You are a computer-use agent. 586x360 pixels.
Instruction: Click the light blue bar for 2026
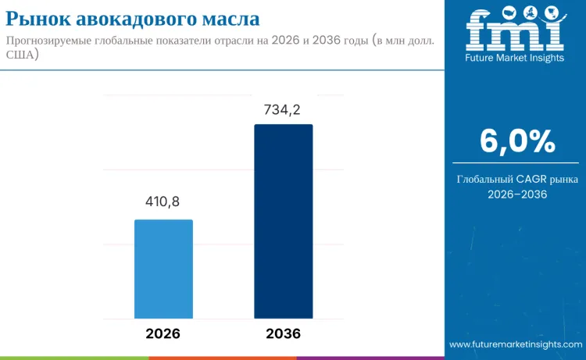(x=163, y=269)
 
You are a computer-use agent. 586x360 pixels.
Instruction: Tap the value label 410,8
(x=163, y=202)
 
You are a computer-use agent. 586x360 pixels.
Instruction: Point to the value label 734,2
(x=282, y=110)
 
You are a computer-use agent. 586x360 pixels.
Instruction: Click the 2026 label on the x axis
(x=163, y=333)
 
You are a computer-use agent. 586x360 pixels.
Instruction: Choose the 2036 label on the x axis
(x=283, y=333)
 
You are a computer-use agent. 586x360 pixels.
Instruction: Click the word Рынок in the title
(x=40, y=18)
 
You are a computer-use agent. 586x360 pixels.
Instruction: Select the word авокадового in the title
(x=142, y=18)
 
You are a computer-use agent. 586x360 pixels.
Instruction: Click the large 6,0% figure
(x=516, y=141)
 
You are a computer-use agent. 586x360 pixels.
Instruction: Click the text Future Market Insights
(x=514, y=57)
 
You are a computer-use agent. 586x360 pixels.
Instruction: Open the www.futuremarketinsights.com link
(x=516, y=344)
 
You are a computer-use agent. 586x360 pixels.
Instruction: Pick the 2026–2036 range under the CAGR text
(x=516, y=194)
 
